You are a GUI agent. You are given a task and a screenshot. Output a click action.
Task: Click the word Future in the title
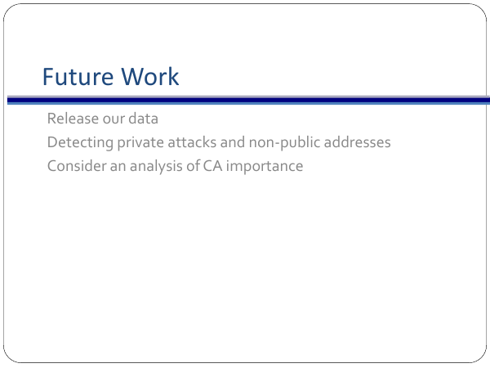click(78, 76)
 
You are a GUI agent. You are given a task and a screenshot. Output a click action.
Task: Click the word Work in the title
click(150, 76)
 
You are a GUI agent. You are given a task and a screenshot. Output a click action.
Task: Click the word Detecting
click(80, 143)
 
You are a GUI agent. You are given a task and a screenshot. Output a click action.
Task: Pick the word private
click(140, 143)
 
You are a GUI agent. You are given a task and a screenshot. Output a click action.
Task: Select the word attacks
click(192, 142)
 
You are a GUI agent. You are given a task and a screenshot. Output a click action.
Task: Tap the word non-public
click(285, 143)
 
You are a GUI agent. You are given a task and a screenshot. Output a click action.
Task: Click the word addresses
click(358, 142)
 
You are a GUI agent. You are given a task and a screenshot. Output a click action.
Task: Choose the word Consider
click(77, 166)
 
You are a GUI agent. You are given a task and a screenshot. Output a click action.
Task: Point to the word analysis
click(156, 167)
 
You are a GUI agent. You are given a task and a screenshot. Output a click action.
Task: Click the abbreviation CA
click(213, 166)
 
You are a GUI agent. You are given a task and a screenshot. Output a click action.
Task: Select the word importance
click(265, 167)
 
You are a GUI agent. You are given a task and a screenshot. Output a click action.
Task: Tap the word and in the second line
click(233, 142)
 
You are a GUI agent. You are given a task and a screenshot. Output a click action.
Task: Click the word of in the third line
click(193, 166)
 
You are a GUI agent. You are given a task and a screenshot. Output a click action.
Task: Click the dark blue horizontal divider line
click(248, 101)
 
